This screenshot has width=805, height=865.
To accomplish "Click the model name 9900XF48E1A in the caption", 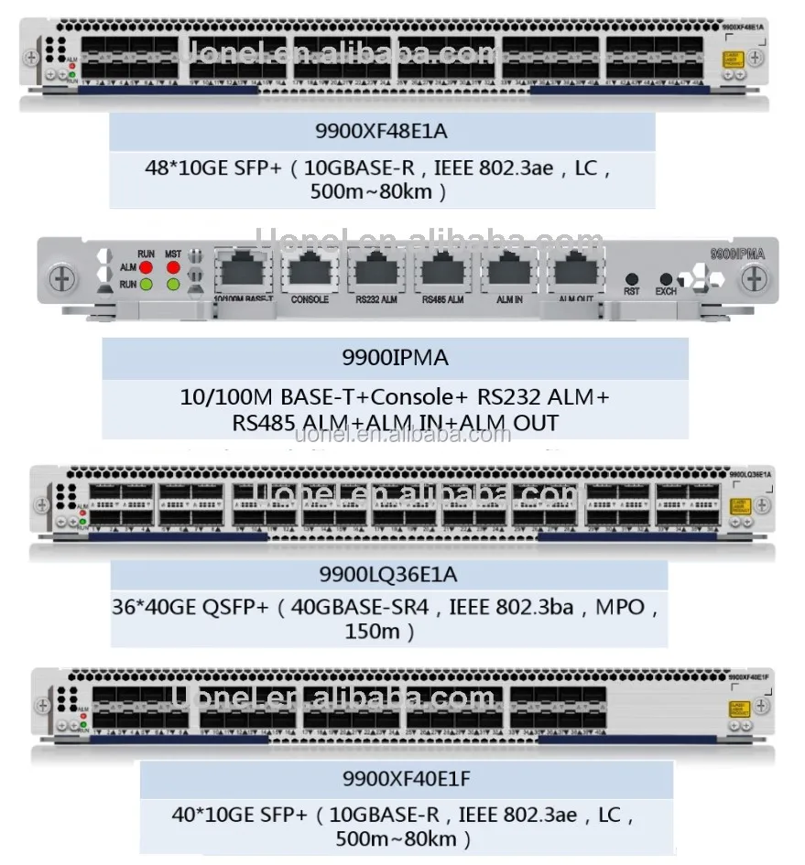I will coord(382,132).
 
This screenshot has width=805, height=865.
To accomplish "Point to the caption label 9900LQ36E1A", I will coord(388,575).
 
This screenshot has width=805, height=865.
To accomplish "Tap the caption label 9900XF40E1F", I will coord(407,780).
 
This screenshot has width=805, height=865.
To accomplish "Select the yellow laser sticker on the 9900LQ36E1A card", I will coord(738,505).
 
